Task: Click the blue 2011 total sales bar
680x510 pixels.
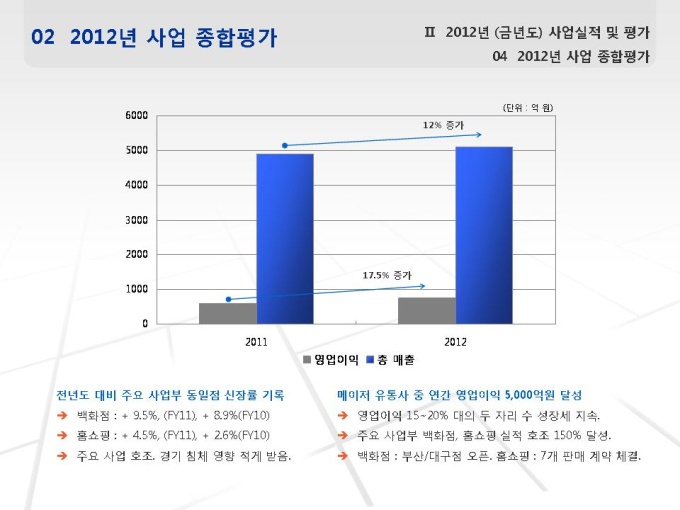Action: [284, 238]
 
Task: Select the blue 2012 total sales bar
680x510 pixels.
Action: [483, 235]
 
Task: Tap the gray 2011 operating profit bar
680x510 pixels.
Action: [227, 313]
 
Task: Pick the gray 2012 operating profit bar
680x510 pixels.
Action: [426, 310]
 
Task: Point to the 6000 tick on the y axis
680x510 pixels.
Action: [137, 115]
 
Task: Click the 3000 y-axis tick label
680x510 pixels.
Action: [137, 219]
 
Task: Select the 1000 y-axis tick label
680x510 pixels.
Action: [137, 289]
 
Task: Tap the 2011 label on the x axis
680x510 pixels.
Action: [256, 341]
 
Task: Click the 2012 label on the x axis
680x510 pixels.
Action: [455, 341]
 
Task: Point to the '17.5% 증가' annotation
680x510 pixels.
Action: [386, 274]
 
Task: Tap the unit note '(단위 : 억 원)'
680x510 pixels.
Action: [528, 106]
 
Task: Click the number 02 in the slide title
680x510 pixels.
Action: [43, 38]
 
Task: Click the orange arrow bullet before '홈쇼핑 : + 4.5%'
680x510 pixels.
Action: [62, 436]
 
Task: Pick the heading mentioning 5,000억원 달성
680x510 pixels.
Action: [459, 394]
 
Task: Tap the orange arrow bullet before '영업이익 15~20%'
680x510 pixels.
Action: [342, 415]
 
